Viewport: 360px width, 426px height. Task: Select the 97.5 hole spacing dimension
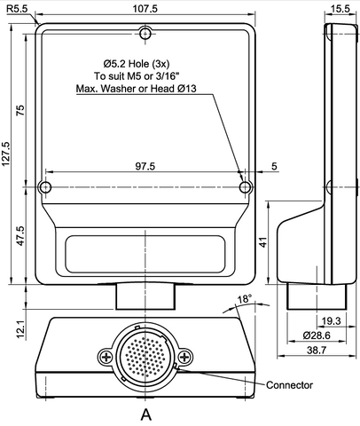[146, 166]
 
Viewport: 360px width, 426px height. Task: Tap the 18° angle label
[246, 299]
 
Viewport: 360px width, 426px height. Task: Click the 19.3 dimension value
[330, 319]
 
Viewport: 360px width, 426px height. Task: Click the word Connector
[290, 383]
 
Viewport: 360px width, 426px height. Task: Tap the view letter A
[145, 414]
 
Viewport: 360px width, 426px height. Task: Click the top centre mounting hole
[146, 35]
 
